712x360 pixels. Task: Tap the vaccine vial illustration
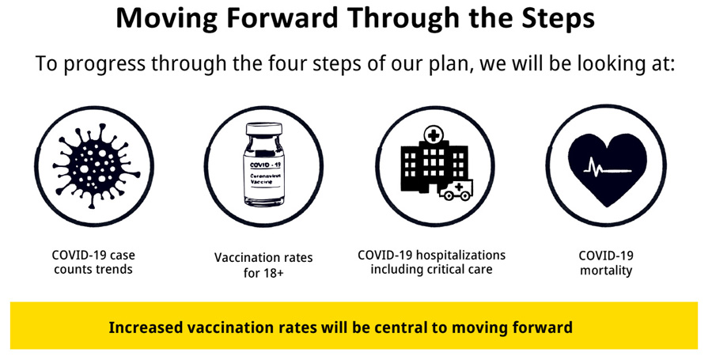point(263,165)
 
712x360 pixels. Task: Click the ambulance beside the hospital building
point(456,190)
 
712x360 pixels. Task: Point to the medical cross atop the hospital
point(434,135)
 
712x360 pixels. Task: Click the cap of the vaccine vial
point(263,128)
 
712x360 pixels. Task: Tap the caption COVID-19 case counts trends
point(93,262)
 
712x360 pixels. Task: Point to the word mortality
point(606,271)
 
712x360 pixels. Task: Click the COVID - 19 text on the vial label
point(265,165)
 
